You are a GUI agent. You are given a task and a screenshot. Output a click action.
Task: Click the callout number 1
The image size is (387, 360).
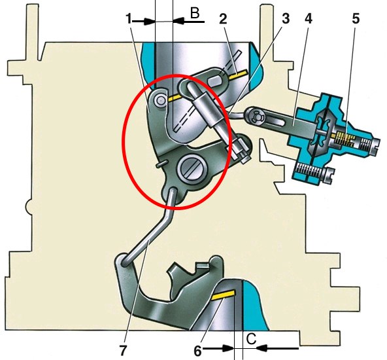pos(129,19)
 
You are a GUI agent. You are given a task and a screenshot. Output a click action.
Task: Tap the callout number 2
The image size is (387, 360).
pos(223,19)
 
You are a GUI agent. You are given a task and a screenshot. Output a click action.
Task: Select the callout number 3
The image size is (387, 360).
pos(286,19)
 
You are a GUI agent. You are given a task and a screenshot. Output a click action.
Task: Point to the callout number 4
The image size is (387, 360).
pos(309,19)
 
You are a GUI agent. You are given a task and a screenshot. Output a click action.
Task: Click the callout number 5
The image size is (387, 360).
pos(356,19)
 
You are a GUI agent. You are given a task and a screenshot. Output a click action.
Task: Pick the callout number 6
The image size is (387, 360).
pos(197,350)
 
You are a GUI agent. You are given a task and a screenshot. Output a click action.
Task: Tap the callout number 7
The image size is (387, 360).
pos(123,350)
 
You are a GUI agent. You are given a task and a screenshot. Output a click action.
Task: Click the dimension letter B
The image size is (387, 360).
pos(195,13)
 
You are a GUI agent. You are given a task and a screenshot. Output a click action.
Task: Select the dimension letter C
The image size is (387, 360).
pos(251,339)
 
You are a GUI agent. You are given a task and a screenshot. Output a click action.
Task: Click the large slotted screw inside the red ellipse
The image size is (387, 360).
pos(190,170)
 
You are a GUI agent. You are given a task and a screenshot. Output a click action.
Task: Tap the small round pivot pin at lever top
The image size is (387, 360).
pos(160,100)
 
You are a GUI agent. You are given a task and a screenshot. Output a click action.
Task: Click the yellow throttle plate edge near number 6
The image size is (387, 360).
pos(223,295)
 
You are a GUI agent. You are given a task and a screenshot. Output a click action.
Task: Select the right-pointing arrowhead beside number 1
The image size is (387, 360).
pos(150,21)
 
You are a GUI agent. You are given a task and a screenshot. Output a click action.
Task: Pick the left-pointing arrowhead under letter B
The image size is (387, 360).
pos(178,21)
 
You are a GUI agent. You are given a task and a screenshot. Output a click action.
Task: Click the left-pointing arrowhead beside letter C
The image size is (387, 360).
pos(262,348)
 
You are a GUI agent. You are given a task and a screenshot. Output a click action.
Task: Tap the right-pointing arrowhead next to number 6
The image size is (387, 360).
pos(228,348)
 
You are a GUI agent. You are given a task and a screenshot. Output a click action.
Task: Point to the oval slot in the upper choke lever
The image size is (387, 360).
pos(216,81)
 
